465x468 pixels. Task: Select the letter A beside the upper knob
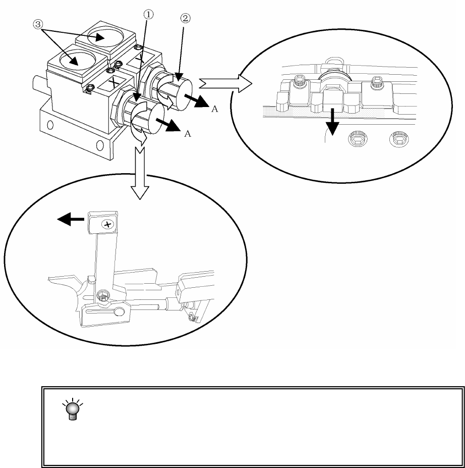click(x=213, y=111)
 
